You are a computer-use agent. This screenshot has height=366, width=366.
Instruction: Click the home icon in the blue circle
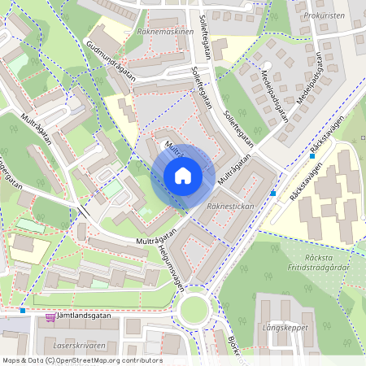[x=183, y=176]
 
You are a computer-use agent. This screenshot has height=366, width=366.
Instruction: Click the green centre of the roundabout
[x=196, y=310]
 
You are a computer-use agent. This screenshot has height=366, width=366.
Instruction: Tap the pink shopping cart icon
[x=50, y=316]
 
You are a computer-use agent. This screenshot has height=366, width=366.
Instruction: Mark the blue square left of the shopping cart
[x=23, y=311]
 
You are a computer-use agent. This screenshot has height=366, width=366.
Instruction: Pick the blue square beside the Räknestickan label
[x=273, y=194]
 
